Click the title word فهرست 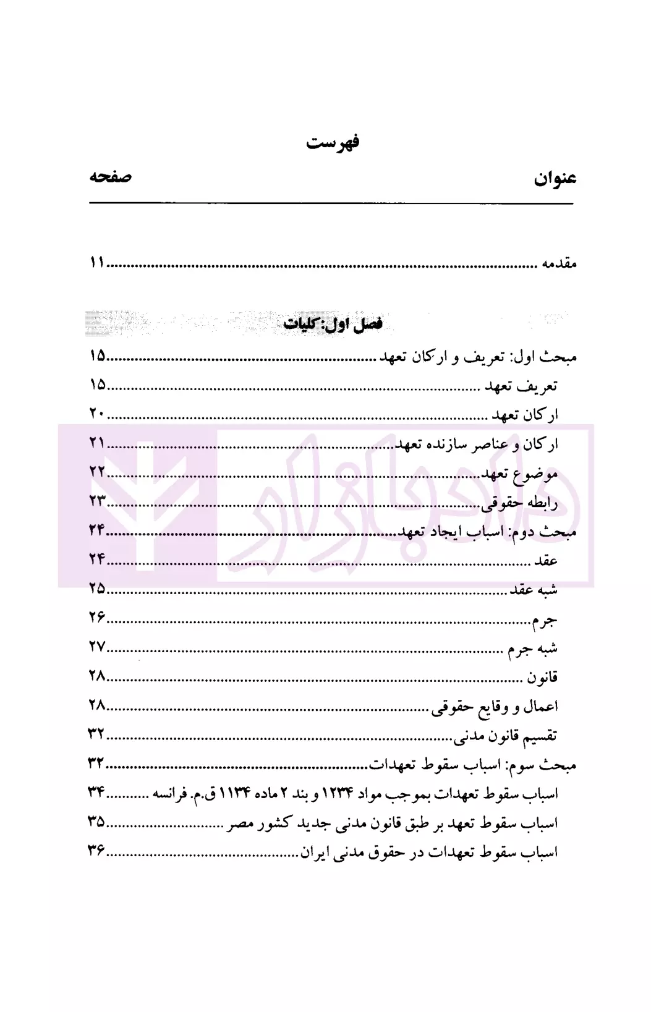coord(332,143)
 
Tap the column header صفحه coord(110,177)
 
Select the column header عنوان coord(555,179)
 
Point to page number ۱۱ coord(97,263)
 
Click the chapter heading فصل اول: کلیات coord(333,325)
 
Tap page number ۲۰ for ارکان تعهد coord(97,414)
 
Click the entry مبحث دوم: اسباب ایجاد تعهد coord(486,532)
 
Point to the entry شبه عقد coord(533,590)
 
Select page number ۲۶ coord(97,617)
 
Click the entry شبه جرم coord(532,648)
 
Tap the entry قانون coord(542,678)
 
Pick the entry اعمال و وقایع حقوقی coord(495,707)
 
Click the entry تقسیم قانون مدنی coord(506,736)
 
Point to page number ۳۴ coord(97,793)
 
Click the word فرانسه coord(170,794)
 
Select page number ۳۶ coord(97,851)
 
